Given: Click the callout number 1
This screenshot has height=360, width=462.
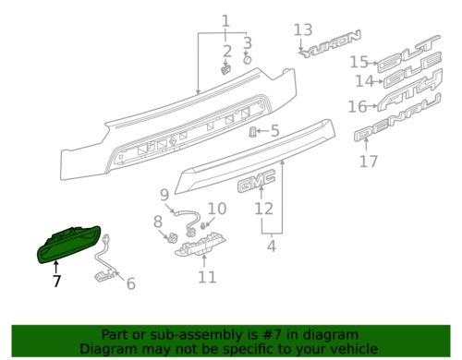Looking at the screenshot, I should pos(225,20).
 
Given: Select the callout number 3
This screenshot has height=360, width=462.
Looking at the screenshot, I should pos(247,42).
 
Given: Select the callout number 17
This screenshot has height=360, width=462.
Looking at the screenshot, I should pos(369,162).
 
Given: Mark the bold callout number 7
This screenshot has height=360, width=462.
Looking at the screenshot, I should pos(56,282).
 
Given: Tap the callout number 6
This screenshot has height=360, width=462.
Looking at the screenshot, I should pos(129,284).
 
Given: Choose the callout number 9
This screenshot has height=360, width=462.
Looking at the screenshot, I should pos(164,194).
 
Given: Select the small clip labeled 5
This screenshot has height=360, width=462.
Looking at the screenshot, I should pos(251,132).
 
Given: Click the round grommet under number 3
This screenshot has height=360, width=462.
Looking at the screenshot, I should pos(247,59).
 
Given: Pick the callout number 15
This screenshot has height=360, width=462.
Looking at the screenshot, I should pos(359,62).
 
